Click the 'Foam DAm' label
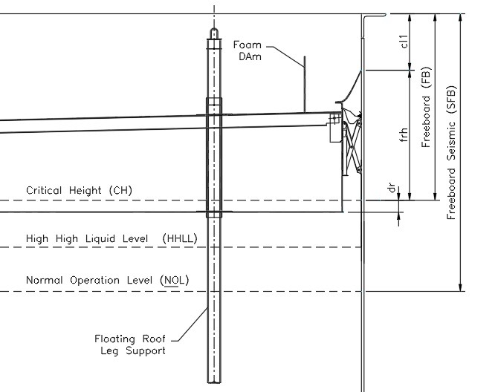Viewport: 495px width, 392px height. (247, 50)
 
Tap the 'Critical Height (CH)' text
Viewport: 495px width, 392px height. (79, 191)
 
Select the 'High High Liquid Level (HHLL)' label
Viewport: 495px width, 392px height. (111, 238)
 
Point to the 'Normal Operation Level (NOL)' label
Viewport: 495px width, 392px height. (107, 280)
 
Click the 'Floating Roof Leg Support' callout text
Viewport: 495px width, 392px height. (130, 344)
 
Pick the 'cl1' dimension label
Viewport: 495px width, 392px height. (404, 42)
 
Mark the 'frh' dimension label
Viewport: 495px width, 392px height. (404, 134)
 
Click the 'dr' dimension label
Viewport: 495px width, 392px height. (392, 187)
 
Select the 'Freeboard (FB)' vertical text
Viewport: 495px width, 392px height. (426, 107)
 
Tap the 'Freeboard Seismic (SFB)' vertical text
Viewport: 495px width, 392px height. (452, 153)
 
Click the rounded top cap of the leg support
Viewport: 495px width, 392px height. (214, 33)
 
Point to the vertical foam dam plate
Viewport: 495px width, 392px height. (305, 84)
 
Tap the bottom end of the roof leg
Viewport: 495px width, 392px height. (214, 382)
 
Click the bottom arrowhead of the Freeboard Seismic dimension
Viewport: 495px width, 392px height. (460, 287)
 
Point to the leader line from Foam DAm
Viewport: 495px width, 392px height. (286, 56)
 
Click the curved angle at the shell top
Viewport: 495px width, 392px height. (375, 25)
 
